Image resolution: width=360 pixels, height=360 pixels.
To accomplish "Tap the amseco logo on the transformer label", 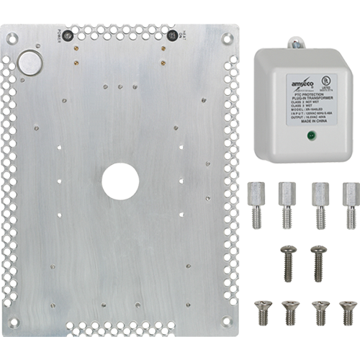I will [300, 76].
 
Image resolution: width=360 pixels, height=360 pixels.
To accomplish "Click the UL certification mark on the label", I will [328, 77].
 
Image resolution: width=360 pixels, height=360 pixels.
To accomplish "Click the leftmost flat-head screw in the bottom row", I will [261, 312].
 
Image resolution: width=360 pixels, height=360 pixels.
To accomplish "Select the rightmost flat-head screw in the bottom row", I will [347, 312].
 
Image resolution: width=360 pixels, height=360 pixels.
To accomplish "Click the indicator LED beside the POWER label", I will [70, 36].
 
